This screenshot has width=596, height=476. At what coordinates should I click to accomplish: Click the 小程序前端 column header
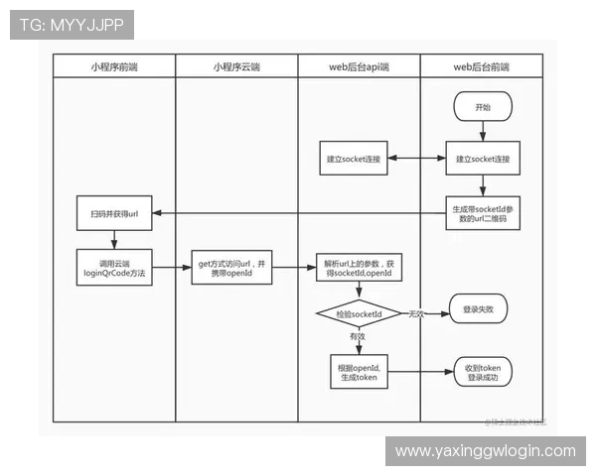click(x=114, y=66)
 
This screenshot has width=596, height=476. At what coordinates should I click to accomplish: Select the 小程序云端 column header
click(x=236, y=66)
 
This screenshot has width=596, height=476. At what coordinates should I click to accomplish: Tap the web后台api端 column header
click(x=359, y=66)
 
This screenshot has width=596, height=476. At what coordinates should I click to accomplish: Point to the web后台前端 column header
click(x=481, y=66)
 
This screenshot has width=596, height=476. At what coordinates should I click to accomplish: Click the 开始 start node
click(x=483, y=107)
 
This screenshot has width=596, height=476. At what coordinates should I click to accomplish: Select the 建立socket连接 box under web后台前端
click(x=483, y=159)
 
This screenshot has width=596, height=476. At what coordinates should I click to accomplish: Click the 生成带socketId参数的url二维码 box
click(x=483, y=213)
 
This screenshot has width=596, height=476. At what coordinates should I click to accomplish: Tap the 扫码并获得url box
click(x=114, y=213)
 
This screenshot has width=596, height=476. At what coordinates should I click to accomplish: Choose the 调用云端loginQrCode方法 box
click(x=114, y=265)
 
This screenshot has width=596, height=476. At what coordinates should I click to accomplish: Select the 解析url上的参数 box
click(x=358, y=265)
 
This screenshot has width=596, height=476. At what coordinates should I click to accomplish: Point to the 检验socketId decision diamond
click(x=358, y=313)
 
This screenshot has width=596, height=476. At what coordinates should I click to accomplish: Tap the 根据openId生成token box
click(x=358, y=372)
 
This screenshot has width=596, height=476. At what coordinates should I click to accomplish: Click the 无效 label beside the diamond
click(x=416, y=313)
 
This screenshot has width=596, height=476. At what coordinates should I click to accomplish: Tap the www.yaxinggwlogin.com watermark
click(x=485, y=451)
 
